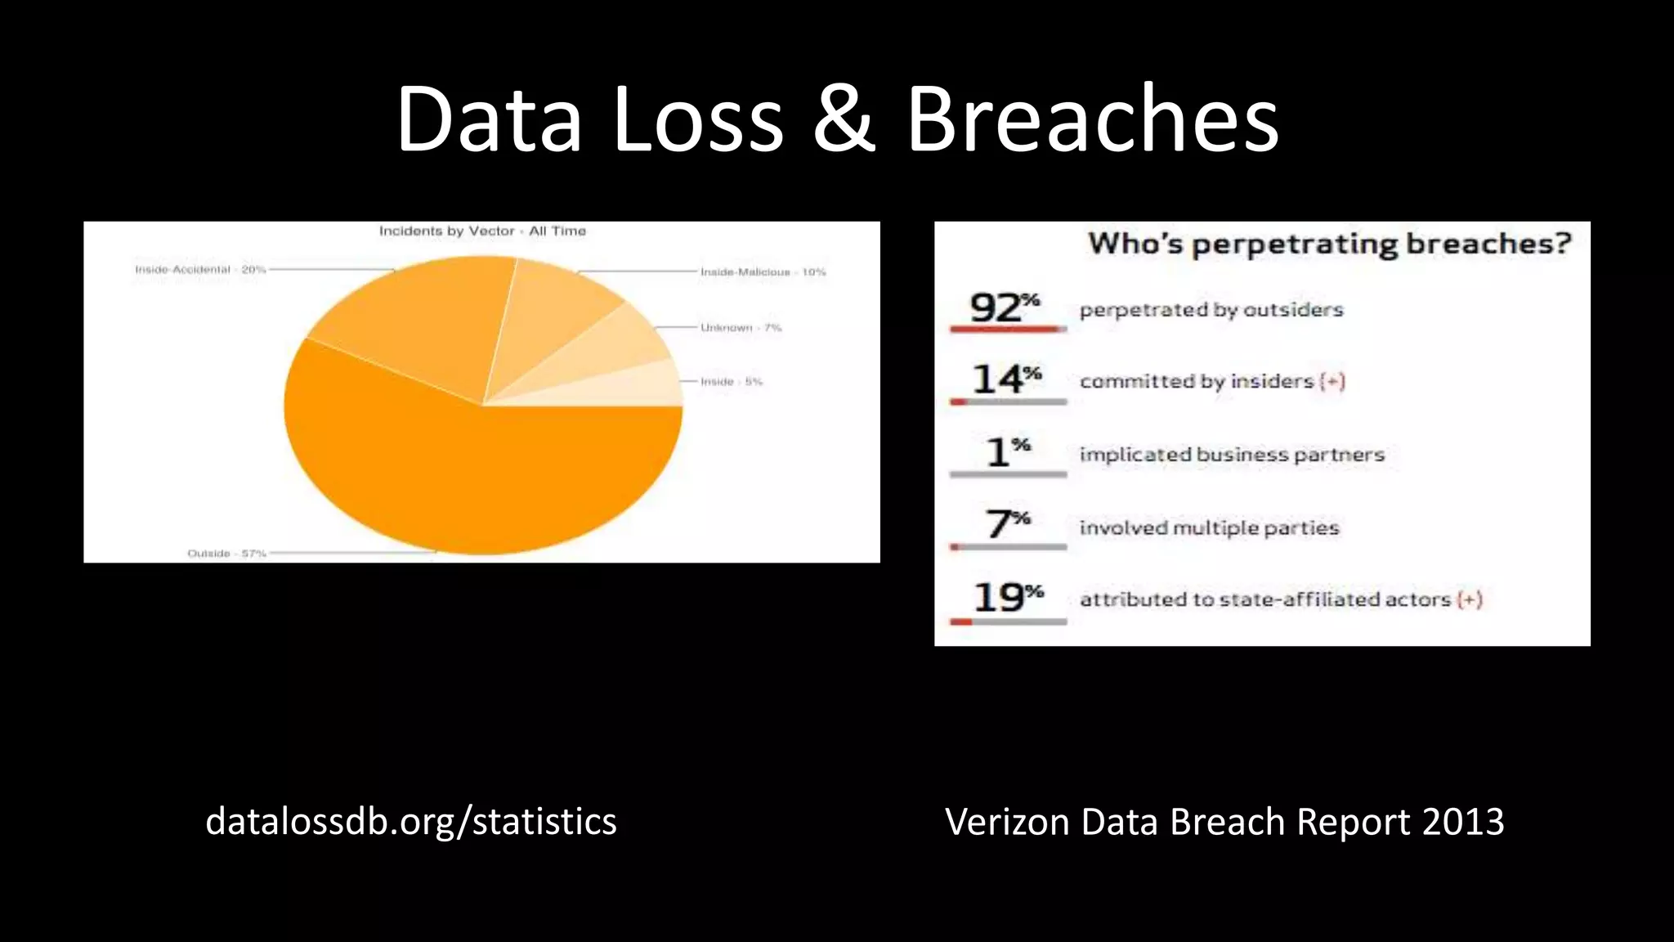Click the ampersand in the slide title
844,120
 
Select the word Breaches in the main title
1093,120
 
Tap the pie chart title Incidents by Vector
482,231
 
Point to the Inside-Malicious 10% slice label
763,272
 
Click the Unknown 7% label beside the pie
741,328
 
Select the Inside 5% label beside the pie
731,382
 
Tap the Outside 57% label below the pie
226,554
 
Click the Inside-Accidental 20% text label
200,270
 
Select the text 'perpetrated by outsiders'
1211,310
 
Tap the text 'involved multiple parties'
1209,528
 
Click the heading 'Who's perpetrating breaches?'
1329,244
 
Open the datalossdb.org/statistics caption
410,822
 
